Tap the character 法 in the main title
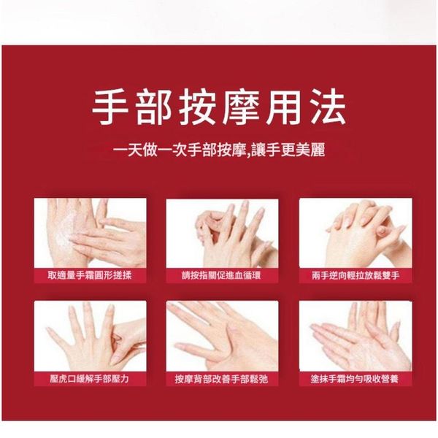coord(328,107)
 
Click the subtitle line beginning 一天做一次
coord(219,150)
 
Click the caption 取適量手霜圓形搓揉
coord(90,276)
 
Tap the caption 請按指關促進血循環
coord(221,276)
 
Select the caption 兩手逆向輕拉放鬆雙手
coord(356,276)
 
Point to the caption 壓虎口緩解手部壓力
coord(90,379)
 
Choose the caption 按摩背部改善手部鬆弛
coord(221,379)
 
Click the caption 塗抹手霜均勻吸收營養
coord(355,379)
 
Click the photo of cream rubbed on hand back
coord(90,233)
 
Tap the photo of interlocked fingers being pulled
coord(356,233)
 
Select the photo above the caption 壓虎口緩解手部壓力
coord(90,336)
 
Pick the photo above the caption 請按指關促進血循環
coord(222,234)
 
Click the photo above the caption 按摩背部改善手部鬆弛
coord(222,336)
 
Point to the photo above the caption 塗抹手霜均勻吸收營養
coord(356,336)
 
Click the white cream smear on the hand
coord(65,234)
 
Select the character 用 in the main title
coord(285,107)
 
